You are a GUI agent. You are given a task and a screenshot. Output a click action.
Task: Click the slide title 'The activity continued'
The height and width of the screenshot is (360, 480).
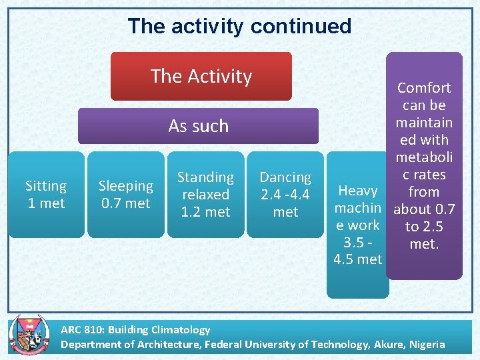point(239,26)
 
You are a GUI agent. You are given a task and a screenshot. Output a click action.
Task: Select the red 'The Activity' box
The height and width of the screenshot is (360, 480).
point(201,76)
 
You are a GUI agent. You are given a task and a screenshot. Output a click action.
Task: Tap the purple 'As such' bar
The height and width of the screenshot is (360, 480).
point(198,126)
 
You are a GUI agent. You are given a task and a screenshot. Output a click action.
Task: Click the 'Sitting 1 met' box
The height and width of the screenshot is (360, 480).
point(46,194)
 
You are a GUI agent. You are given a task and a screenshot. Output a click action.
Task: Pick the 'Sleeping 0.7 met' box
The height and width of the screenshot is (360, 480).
point(125,194)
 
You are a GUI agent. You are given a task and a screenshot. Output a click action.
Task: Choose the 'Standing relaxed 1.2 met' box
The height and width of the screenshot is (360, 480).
point(205,194)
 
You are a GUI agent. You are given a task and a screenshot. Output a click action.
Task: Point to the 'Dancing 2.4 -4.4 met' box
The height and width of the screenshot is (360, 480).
point(285,194)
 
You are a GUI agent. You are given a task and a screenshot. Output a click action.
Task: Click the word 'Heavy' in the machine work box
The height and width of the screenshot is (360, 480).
point(358,191)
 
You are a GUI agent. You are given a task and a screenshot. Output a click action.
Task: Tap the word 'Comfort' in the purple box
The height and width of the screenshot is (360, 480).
point(424,88)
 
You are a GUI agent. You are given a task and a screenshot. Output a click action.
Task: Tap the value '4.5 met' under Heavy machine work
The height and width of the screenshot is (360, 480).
point(357,259)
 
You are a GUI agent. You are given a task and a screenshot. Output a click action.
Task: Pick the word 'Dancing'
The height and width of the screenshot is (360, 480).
point(285,177)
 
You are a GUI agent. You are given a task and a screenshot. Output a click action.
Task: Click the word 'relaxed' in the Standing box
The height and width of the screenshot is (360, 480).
point(205,195)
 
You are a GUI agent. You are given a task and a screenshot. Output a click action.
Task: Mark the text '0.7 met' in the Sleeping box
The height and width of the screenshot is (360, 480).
point(125,203)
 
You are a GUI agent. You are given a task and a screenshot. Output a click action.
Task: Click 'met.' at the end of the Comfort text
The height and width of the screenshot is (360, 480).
point(424,244)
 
